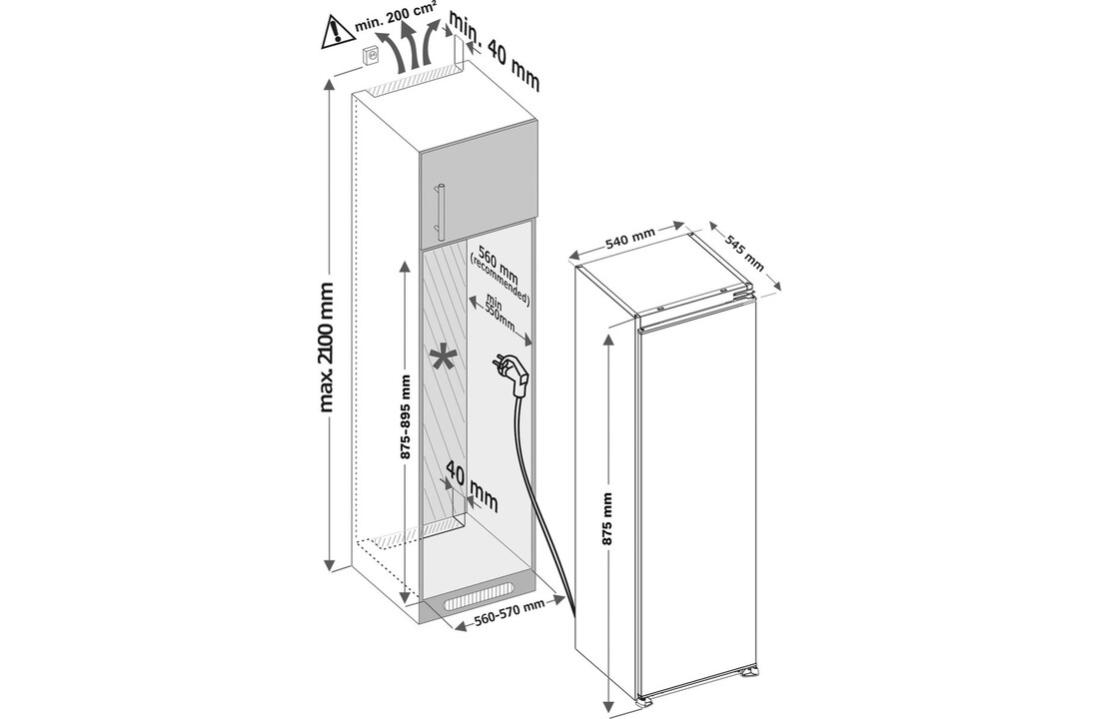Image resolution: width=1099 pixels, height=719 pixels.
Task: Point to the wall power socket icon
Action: (x=369, y=59)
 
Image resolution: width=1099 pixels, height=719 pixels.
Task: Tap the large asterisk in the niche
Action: (x=441, y=357)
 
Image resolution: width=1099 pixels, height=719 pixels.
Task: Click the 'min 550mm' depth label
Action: (x=499, y=314)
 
